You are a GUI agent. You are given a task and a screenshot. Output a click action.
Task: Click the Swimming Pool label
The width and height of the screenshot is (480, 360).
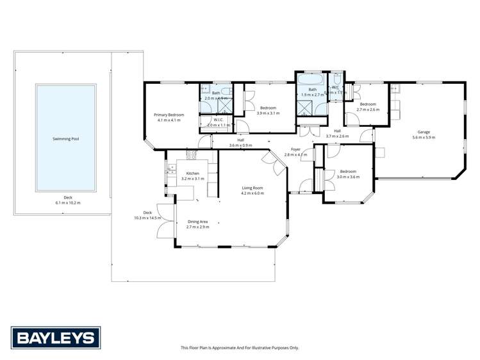click(66, 138)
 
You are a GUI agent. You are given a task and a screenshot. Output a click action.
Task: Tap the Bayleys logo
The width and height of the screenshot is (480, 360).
click(54, 337)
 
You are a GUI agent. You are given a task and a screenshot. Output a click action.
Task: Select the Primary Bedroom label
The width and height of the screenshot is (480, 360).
click(167, 115)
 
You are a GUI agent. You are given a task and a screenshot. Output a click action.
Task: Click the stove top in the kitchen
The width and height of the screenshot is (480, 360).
click(191, 154)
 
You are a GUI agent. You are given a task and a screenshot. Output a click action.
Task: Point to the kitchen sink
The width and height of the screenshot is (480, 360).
click(171, 169)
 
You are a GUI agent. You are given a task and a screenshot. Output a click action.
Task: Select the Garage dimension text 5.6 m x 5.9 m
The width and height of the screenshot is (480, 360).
click(423, 137)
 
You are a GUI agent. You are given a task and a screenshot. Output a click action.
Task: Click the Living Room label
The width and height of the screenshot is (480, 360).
click(252, 188)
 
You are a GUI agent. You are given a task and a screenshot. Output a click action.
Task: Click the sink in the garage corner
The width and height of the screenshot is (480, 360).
click(395, 89)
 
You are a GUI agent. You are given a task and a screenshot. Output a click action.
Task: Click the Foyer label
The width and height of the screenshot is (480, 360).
click(295, 150)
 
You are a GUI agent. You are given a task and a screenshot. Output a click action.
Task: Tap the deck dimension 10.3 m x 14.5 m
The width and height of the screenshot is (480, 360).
click(147, 218)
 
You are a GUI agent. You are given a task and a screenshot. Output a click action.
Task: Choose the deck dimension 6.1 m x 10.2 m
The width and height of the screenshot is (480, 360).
click(67, 202)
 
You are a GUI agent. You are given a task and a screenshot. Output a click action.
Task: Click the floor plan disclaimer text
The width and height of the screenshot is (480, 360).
click(240, 347)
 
